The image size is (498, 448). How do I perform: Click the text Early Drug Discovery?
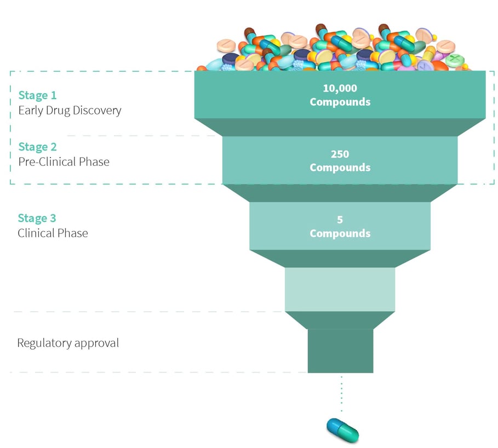70,110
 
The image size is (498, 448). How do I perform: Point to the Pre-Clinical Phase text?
64,162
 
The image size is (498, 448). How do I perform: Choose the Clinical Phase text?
53,233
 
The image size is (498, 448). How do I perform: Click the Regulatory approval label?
68,343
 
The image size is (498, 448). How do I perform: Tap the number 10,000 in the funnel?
340,88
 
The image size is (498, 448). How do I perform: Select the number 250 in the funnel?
340,154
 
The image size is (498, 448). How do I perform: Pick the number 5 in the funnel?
340,220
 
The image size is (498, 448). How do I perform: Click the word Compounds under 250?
340,168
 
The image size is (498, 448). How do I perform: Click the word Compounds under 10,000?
340,102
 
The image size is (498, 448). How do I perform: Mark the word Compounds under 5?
340,233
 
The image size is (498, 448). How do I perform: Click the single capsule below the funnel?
343,429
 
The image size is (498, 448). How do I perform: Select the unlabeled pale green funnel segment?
340,289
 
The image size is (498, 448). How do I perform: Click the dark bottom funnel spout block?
340,351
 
